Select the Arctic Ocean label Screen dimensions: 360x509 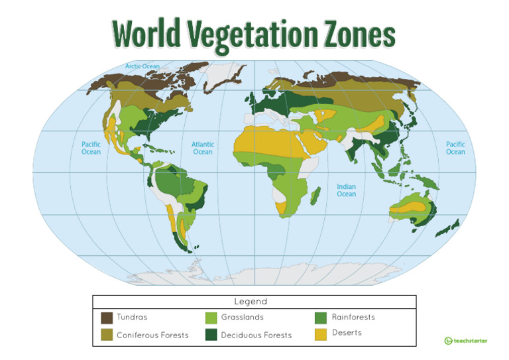click(142, 66)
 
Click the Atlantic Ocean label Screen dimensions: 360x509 click(203, 148)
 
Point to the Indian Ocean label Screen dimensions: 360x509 click(346, 190)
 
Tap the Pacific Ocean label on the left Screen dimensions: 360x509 click(91, 148)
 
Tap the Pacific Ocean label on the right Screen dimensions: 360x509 click(455, 148)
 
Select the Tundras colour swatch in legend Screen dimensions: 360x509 click(107, 318)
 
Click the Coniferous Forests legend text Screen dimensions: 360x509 click(152, 335)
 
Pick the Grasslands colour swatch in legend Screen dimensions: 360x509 click(211, 318)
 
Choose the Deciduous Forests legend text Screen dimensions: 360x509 click(256, 335)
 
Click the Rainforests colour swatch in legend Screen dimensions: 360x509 click(320, 318)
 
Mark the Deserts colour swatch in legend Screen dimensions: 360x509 click(320, 334)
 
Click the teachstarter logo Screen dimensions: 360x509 click(465, 341)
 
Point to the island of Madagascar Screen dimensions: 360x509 click(316, 196)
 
